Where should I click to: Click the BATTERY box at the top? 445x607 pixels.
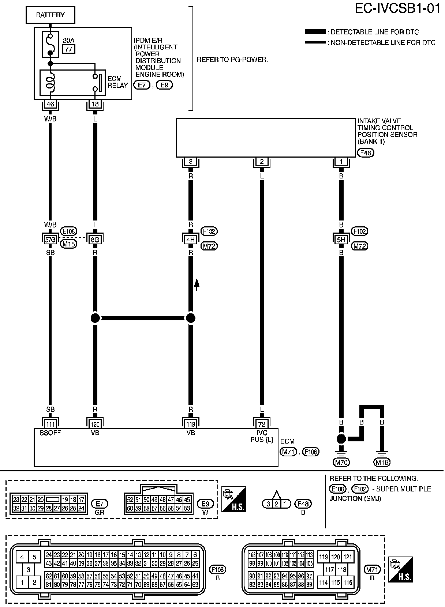point(50,15)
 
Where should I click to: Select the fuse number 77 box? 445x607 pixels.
point(68,48)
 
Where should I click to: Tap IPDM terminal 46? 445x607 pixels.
point(50,104)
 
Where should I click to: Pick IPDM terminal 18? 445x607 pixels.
point(95,104)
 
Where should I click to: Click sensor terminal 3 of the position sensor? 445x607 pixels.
point(190,162)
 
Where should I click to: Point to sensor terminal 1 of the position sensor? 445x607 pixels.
point(341,162)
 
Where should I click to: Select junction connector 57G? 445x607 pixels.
point(50,240)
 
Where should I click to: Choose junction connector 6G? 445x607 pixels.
point(95,240)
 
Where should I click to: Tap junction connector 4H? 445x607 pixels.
point(190,240)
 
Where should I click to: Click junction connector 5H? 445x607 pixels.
point(341,240)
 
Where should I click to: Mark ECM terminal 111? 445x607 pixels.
point(50,424)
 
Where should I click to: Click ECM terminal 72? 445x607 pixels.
point(262,424)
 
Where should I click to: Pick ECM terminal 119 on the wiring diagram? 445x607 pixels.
point(190,424)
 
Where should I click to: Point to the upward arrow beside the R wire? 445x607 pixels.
point(197,284)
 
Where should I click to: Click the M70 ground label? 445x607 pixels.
point(341,462)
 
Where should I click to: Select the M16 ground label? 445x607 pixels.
point(382,462)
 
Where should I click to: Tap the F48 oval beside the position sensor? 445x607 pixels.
point(366,152)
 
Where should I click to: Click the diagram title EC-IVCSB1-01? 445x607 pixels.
point(397,8)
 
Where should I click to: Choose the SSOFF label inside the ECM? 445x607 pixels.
point(50,433)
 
